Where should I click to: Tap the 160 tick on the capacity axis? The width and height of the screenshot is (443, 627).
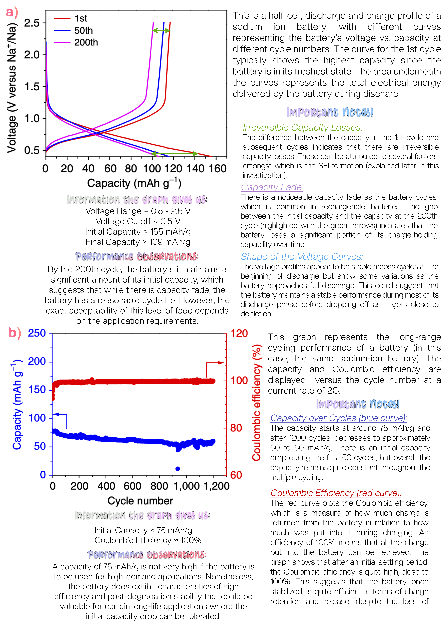click(218, 169)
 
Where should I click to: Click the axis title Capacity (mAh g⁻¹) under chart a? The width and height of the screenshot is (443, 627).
click(134, 183)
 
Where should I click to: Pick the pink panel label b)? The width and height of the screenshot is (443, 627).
click(14, 333)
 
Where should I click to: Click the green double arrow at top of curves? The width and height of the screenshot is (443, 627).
click(161, 31)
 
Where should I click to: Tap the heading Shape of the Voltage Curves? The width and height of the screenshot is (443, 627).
click(302, 257)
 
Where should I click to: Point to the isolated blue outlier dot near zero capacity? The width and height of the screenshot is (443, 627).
click(178, 469)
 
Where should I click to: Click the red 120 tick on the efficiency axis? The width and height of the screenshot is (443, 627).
click(239, 333)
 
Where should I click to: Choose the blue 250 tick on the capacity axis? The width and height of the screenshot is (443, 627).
click(37, 333)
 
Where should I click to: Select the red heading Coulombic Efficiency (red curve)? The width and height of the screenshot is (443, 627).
click(336, 493)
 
